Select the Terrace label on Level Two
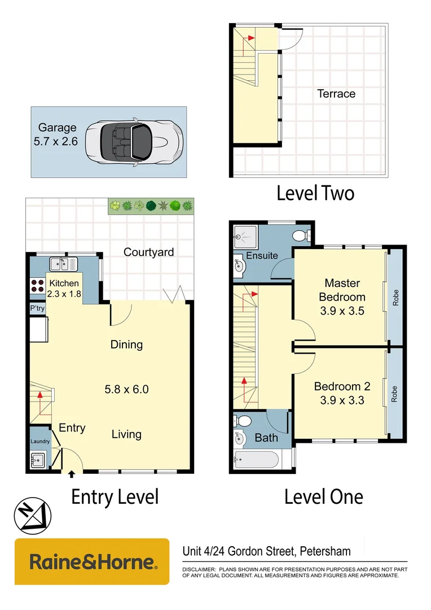point(336,94)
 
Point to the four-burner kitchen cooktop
point(37,286)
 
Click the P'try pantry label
point(37,309)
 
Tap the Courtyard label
point(149,252)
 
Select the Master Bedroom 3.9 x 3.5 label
point(342,297)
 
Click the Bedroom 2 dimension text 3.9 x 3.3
point(342,402)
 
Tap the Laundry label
point(39,442)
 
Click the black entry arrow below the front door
point(72,476)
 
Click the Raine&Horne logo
point(92,561)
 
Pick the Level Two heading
point(315,194)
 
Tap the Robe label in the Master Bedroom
point(395,297)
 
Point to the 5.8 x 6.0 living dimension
point(127,389)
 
